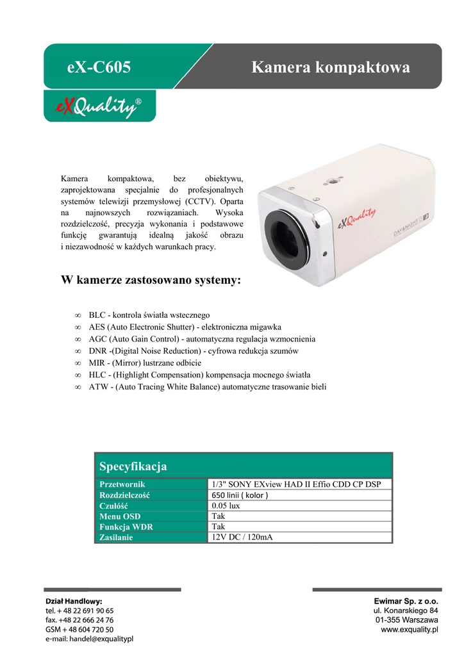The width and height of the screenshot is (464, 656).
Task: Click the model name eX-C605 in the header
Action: [99, 67]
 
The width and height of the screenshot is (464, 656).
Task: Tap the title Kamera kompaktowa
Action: [330, 67]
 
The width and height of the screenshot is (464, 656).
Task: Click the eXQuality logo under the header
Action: [99, 106]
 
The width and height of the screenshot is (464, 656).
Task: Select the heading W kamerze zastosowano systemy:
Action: [151, 280]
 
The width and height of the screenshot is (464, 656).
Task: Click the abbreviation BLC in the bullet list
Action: [97, 315]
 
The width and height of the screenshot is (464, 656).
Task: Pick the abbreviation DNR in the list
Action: [97, 351]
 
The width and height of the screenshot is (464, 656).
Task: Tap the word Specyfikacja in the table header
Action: [133, 466]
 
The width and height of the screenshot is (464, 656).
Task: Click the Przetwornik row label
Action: [122, 484]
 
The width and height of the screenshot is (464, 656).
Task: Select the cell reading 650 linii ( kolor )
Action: [240, 495]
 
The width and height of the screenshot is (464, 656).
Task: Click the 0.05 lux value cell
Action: [226, 505]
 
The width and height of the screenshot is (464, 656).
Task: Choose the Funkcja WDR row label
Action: [126, 527]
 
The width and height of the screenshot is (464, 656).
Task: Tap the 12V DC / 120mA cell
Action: [242, 537]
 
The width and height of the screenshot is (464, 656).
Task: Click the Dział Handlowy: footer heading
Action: [74, 602]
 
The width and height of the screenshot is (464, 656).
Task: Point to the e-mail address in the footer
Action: [89, 639]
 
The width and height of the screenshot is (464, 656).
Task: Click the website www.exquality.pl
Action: [409, 630]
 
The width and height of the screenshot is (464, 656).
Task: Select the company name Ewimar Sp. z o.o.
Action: [406, 601]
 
